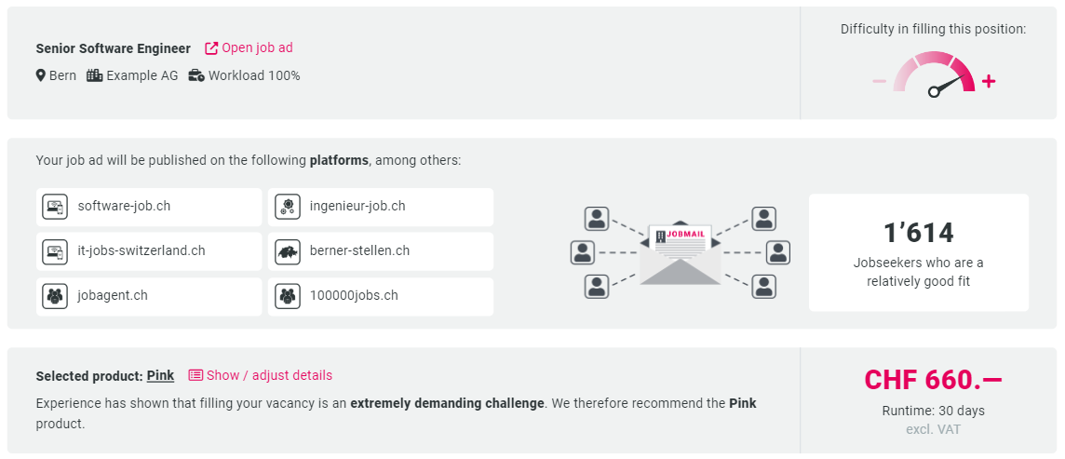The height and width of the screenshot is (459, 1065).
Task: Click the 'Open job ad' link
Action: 249,47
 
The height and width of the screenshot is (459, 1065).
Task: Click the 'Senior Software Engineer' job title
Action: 114,48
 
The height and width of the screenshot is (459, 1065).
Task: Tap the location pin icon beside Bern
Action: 41,75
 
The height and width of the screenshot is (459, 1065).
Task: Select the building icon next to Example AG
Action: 94,75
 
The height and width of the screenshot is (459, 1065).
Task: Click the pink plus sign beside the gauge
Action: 989,82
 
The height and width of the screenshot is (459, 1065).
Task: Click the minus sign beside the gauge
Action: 880,82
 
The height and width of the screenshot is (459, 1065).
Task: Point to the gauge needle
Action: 947,84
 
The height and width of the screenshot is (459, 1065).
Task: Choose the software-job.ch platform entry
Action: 149,207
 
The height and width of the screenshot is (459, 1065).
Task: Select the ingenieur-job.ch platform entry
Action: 381,207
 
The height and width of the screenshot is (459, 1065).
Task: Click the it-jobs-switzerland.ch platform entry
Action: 149,251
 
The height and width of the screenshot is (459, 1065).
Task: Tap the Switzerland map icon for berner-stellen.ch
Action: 288,252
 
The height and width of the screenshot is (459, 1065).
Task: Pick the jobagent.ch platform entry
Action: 149,296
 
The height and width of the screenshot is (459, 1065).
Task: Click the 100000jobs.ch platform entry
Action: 381,296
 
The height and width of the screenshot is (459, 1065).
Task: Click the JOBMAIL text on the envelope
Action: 686,235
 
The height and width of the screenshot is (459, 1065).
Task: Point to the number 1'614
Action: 918,233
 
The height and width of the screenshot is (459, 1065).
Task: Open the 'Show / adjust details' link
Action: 260,375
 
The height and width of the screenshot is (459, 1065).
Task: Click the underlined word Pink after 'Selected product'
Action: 160,375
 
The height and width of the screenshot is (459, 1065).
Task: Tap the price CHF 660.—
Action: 933,380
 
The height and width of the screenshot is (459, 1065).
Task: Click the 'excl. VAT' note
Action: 933,429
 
